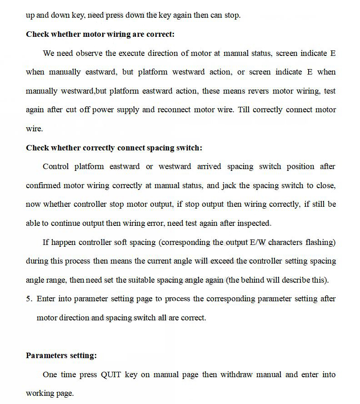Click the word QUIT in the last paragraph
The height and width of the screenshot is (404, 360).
111,374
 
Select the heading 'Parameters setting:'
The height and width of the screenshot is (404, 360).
61,355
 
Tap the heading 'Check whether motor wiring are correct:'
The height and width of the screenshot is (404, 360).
100,34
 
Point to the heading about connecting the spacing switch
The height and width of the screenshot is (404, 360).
114,148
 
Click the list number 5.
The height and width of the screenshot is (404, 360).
29,299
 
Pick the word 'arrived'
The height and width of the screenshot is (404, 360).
209,166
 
